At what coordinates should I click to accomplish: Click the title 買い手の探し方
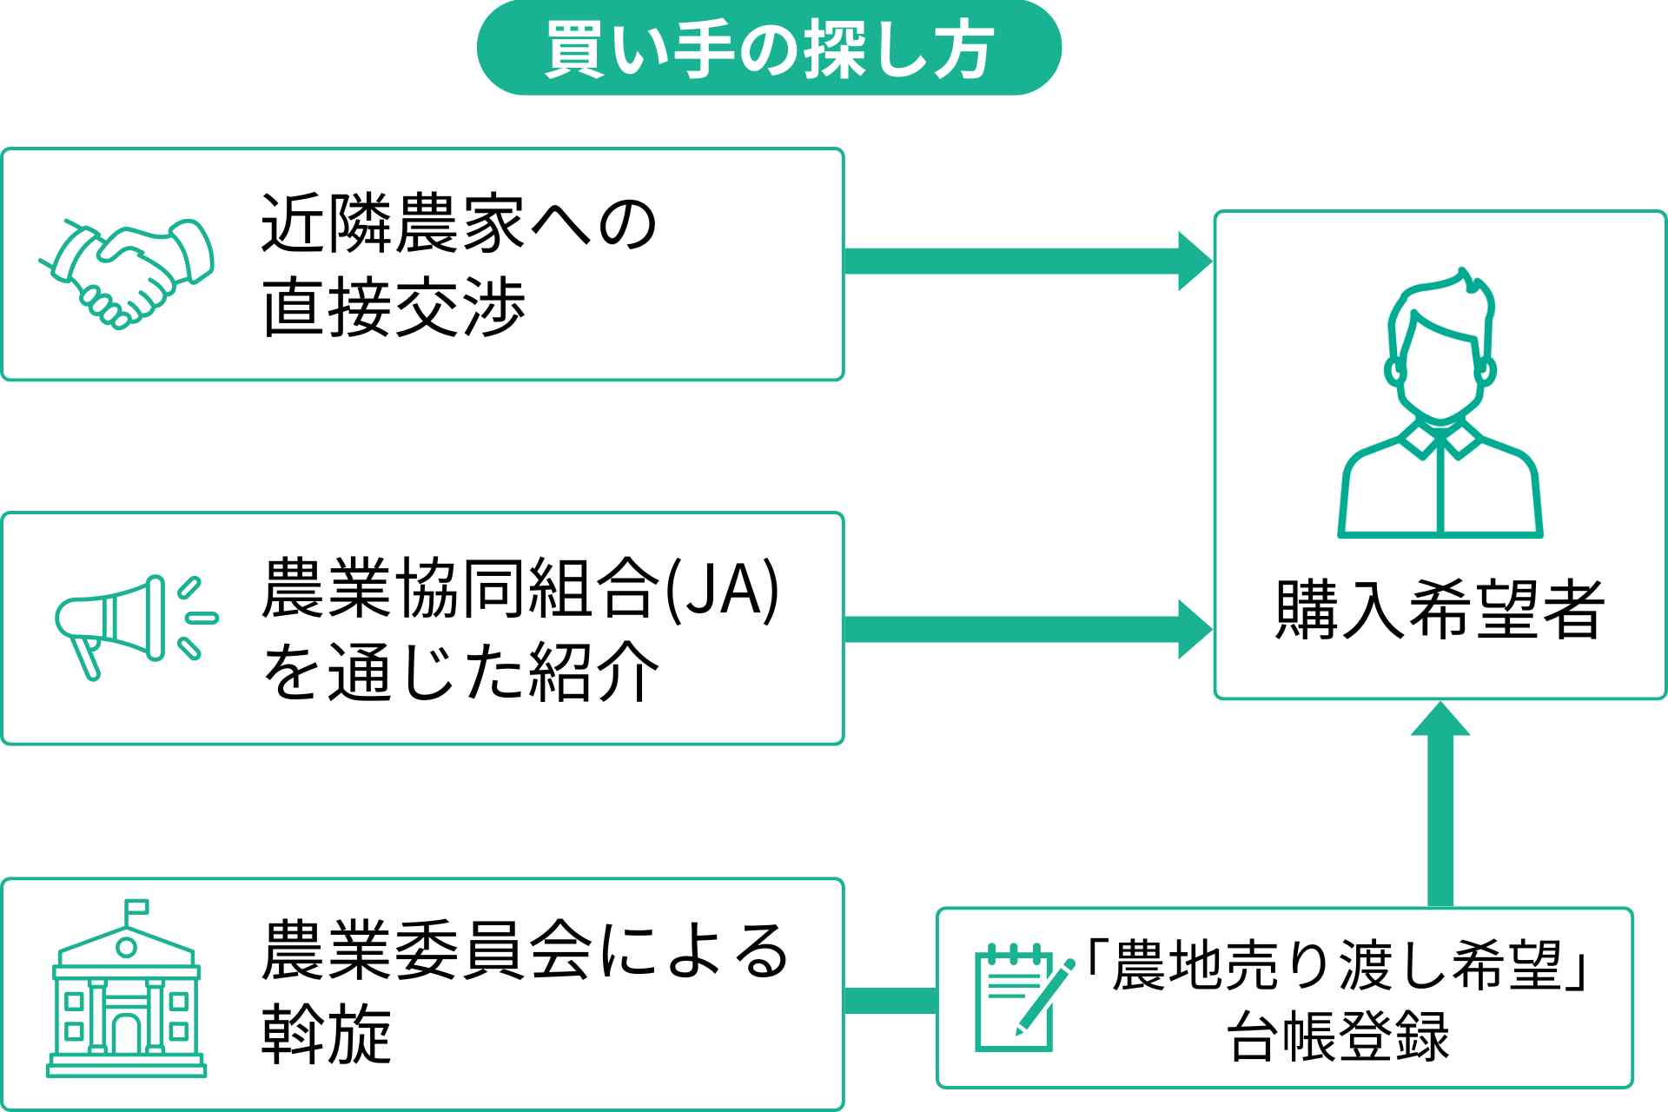pyautogui.click(x=769, y=49)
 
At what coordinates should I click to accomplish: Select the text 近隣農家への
pyautogui.click(x=459, y=223)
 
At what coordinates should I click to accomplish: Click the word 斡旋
pyautogui.click(x=327, y=1035)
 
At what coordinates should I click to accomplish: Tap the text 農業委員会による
pyautogui.click(x=526, y=951)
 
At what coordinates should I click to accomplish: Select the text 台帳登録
pyautogui.click(x=1338, y=1036)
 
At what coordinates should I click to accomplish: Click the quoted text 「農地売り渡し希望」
pyautogui.click(x=1338, y=965)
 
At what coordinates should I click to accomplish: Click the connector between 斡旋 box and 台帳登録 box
pyautogui.click(x=890, y=1000)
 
